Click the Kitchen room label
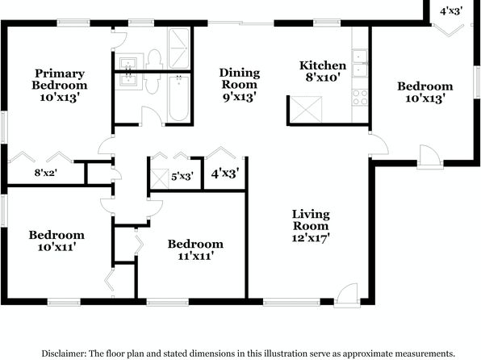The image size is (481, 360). click(x=323, y=65)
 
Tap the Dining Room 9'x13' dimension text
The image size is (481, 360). click(x=239, y=98)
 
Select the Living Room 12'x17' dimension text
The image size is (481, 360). click(x=311, y=238)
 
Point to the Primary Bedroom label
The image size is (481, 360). click(x=60, y=79)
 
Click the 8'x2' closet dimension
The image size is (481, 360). click(x=46, y=173)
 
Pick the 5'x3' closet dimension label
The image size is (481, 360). click(x=182, y=177)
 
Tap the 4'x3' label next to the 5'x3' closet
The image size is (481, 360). click(x=225, y=174)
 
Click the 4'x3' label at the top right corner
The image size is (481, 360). click(x=451, y=11)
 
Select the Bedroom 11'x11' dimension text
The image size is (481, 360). click(x=196, y=256)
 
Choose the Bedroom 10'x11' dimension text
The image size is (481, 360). click(x=56, y=247)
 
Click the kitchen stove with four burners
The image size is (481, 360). click(x=360, y=98)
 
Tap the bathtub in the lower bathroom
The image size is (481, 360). click(x=179, y=98)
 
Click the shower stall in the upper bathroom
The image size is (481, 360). click(x=179, y=48)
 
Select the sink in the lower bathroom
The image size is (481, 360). click(x=128, y=81)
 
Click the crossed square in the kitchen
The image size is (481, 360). click(x=306, y=110)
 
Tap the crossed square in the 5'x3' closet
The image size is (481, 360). click(x=160, y=178)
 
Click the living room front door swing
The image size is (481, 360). click(x=347, y=294)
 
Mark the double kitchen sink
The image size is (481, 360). click(x=360, y=63)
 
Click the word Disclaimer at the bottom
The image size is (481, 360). click(x=64, y=354)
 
